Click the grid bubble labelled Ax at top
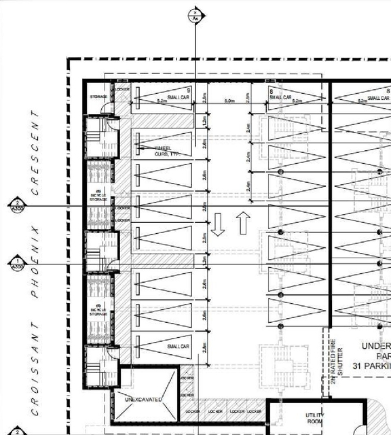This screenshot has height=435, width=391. coord(195,16)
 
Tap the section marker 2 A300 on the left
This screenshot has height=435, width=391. coord(15,206)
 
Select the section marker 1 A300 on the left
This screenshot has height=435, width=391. coord(15,264)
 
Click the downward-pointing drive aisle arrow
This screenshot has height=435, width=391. coord(218,225)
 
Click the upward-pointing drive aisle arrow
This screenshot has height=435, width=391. coord(243,222)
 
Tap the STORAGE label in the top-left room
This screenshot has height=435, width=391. coord(99,97)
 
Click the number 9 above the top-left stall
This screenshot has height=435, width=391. coord(188,90)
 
